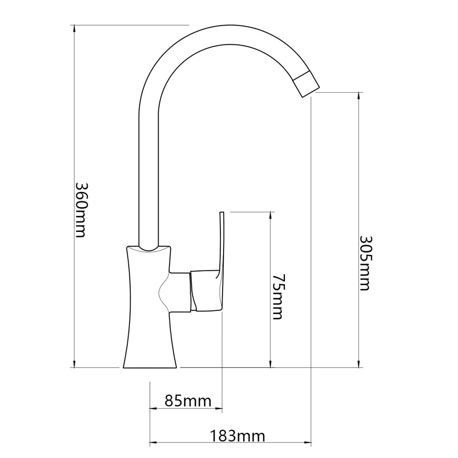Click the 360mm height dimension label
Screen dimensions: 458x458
click(x=81, y=210)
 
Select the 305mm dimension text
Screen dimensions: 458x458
click(x=364, y=263)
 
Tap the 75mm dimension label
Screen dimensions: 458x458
click(x=278, y=297)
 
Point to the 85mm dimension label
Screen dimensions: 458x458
click(x=188, y=401)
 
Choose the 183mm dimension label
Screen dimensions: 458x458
click(x=237, y=436)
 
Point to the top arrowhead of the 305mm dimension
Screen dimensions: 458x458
click(x=359, y=96)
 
